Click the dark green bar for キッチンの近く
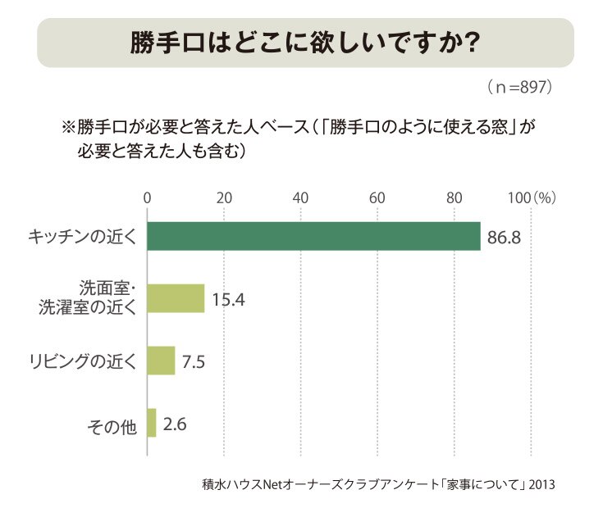313,236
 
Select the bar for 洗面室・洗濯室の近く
176,298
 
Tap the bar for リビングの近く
161,361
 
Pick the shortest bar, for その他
152,423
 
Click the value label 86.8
505,238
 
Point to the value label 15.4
228,300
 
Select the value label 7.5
194,361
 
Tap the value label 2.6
175,424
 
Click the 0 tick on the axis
147,197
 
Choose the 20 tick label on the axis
224,197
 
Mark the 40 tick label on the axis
300,197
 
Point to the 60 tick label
377,197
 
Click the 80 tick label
455,197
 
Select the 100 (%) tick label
532,197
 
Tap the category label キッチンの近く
82,237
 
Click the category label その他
112,426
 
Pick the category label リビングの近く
83,361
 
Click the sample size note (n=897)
520,87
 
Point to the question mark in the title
471,43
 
